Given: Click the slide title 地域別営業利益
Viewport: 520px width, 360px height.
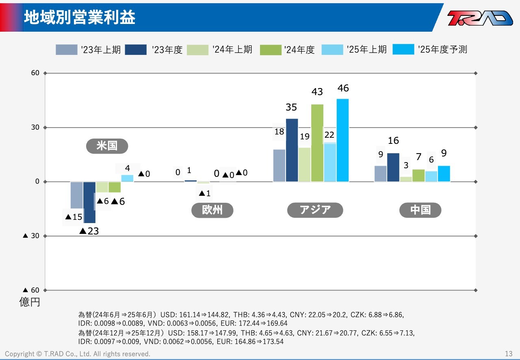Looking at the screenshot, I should tap(80, 17).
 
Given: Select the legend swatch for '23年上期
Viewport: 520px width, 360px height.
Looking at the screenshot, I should tap(66, 50).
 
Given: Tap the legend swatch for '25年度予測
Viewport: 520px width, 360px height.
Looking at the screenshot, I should tap(403, 50).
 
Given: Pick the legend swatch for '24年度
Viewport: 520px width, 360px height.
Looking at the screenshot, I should tap(271, 50).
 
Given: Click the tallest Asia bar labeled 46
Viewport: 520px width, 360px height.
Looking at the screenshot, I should tap(342, 140).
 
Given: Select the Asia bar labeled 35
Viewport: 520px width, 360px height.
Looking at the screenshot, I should tap(292, 150).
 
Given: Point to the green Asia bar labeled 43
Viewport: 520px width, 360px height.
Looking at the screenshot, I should tap(317, 143).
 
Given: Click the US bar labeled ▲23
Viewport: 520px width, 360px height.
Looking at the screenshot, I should tap(89, 202).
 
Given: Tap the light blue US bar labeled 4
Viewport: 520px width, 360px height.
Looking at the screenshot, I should tap(128, 178).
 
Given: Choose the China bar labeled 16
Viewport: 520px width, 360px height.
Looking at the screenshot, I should tap(393, 167).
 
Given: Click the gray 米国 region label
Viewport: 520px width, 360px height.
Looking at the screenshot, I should tap(107, 146).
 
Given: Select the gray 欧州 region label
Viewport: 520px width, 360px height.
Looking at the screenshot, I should tap(212, 210).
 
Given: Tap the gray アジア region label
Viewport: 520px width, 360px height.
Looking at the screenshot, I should tap(315, 210).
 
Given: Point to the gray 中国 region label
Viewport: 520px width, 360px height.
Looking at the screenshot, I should tap(420, 210).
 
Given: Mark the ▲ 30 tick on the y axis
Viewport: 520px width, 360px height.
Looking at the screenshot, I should tap(31, 236).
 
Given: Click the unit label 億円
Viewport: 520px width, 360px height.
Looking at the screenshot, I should tap(30, 302).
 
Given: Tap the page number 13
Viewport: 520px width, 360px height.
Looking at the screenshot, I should tap(509, 353).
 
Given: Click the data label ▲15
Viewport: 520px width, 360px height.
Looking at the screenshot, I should tap(74, 217).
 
